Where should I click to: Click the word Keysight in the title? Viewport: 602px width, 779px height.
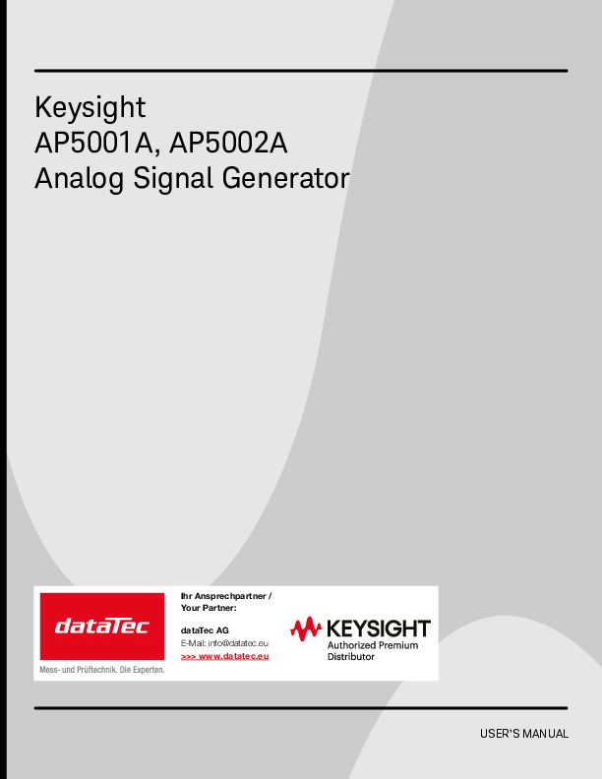pyautogui.click(x=90, y=107)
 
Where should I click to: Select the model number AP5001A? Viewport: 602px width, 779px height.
pyautogui.click(x=93, y=143)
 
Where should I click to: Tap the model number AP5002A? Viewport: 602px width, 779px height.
pyautogui.click(x=228, y=143)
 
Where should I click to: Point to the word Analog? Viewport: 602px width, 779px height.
pyautogui.click(x=79, y=179)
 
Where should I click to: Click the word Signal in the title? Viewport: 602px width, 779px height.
pyautogui.click(x=173, y=179)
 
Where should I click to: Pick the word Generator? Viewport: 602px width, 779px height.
pyautogui.click(x=285, y=178)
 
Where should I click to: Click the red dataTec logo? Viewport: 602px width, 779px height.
pyautogui.click(x=102, y=626)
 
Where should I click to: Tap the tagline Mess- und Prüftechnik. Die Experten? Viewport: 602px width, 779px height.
pyautogui.click(x=102, y=670)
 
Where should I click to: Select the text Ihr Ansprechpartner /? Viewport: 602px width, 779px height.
pyautogui.click(x=226, y=596)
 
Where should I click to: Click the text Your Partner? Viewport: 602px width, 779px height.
pyautogui.click(x=209, y=608)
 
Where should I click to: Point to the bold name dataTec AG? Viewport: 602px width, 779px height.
pyautogui.click(x=205, y=630)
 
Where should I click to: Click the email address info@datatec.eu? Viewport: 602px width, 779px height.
pyautogui.click(x=238, y=643)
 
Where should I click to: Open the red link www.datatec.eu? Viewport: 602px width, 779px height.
pyautogui.click(x=233, y=656)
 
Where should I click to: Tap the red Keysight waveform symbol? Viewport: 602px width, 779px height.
pyautogui.click(x=306, y=629)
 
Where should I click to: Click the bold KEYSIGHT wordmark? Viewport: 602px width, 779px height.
pyautogui.click(x=379, y=629)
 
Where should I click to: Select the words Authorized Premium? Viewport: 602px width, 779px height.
pyautogui.click(x=373, y=645)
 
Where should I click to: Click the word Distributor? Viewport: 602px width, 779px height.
pyautogui.click(x=350, y=657)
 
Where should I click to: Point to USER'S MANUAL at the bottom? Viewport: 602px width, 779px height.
pyautogui.click(x=524, y=734)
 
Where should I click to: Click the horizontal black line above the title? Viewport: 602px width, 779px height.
pyautogui.click(x=301, y=71)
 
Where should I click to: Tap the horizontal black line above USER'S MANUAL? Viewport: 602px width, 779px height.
pyautogui.click(x=301, y=708)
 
